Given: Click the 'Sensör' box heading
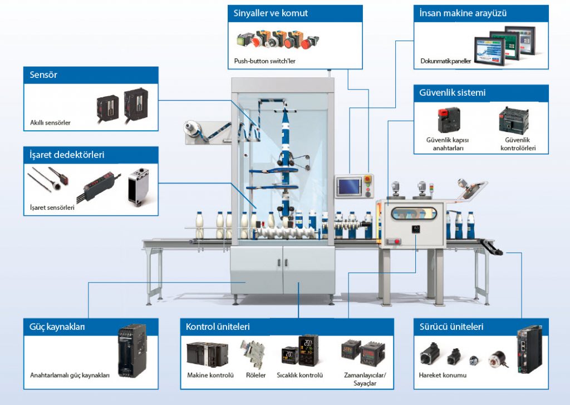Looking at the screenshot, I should point(43,75).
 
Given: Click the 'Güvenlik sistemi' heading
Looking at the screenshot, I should point(452,93).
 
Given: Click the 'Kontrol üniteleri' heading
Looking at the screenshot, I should point(218,327).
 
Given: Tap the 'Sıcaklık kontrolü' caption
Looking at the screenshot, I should point(299,376).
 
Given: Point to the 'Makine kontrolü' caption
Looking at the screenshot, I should point(210,376).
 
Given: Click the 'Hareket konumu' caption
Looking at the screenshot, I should point(443,376).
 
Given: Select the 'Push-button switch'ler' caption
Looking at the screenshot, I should point(264,61).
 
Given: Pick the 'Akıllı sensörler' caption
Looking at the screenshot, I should point(51,122).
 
